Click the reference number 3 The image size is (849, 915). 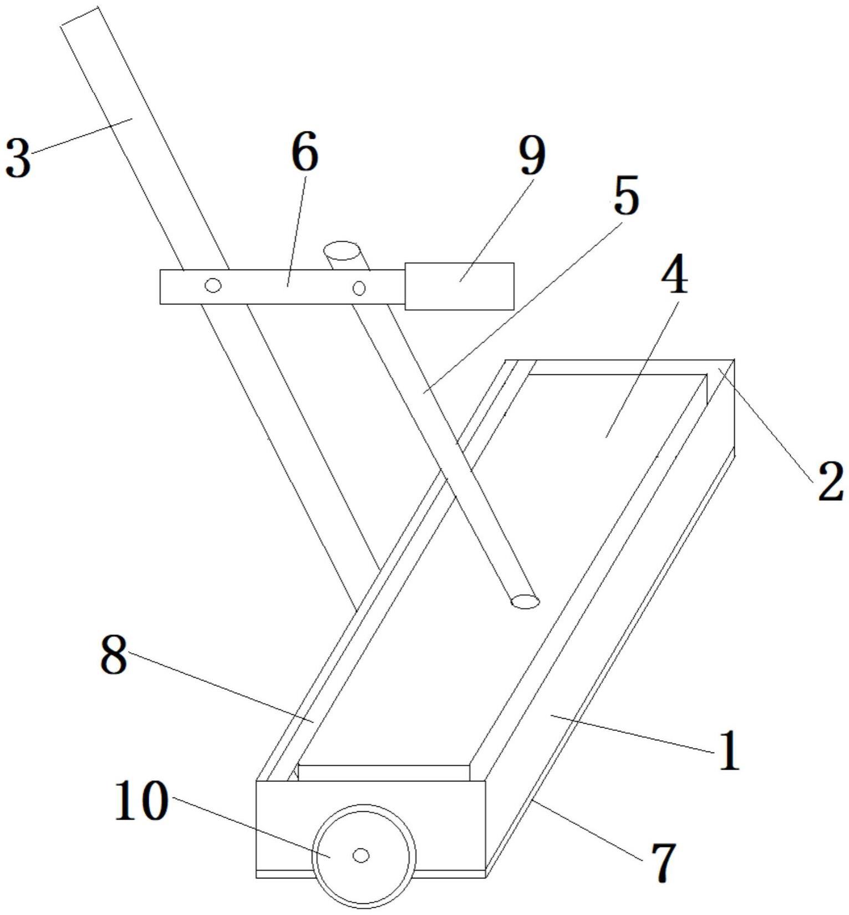[x=18, y=159]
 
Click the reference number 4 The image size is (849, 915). [x=674, y=276]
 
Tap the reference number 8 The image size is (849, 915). [x=114, y=654]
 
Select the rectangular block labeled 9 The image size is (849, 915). [x=459, y=286]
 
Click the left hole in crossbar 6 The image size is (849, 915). [x=213, y=286]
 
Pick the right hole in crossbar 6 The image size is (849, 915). [x=359, y=288]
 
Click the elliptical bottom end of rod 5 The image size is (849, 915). [x=524, y=601]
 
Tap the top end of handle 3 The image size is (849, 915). [x=80, y=17]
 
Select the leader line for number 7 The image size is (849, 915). [x=588, y=831]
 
